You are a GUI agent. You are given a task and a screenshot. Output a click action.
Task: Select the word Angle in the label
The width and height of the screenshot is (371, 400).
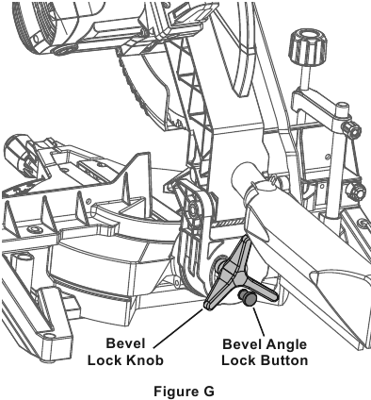pyautogui.click(x=285, y=344)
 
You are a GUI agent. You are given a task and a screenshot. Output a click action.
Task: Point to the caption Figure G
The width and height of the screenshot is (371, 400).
pyautogui.click(x=184, y=392)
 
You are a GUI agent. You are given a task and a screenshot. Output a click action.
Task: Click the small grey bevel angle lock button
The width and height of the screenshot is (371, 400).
pyautogui.click(x=248, y=298)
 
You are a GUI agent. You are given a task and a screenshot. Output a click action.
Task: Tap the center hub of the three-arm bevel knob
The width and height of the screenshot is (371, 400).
pyautogui.click(x=239, y=277)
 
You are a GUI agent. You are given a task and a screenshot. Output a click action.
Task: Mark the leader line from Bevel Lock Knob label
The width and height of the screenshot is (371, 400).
pyautogui.click(x=178, y=328)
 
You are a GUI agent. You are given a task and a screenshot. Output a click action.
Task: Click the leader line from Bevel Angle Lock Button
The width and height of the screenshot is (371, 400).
pyautogui.click(x=258, y=322)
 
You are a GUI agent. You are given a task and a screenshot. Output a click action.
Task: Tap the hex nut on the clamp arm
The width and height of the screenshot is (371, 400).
pyautogui.click(x=352, y=128)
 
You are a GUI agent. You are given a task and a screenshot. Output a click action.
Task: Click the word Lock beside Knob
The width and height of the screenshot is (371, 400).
pyautogui.click(x=105, y=360)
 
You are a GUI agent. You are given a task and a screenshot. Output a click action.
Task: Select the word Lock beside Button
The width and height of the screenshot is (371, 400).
pyautogui.click(x=239, y=360)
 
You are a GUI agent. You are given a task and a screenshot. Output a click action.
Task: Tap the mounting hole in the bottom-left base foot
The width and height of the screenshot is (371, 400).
pyautogui.click(x=49, y=338)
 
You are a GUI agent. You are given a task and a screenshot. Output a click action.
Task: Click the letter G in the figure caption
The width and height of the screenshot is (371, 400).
pyautogui.click(x=209, y=392)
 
